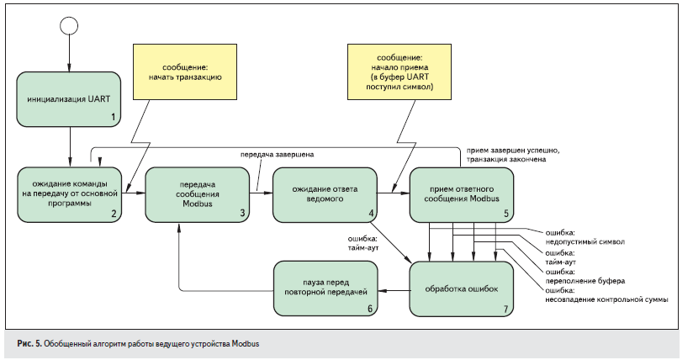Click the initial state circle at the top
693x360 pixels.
[x=68, y=25]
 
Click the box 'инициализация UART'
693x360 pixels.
[x=68, y=99]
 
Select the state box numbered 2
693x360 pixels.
[x=68, y=194]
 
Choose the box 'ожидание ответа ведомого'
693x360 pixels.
[x=325, y=194]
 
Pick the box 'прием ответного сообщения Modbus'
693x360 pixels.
[x=462, y=194]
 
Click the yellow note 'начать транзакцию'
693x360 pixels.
[x=179, y=69]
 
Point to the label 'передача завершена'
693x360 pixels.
[x=278, y=156]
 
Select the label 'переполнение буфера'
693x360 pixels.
[x=587, y=280]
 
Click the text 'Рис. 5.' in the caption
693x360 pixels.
[x=29, y=343]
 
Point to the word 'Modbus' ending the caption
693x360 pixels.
[x=249, y=343]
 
